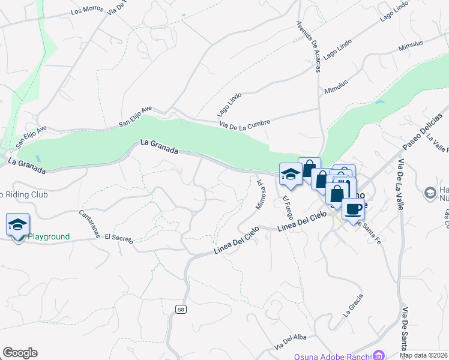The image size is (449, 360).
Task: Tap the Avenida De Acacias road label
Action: click(x=308, y=47)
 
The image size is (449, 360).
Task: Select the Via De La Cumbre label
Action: click(x=244, y=123)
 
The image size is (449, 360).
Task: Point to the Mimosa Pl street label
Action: click(x=261, y=193)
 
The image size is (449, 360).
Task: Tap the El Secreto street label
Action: click(x=118, y=238)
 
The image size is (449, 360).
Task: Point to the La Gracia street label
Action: click(x=353, y=305)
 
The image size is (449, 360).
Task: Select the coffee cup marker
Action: click(x=353, y=208)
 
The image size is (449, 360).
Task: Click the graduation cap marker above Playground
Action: click(x=17, y=224)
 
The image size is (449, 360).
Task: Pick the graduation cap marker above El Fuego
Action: click(x=291, y=174)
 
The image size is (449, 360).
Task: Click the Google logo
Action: click(x=20, y=353)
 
